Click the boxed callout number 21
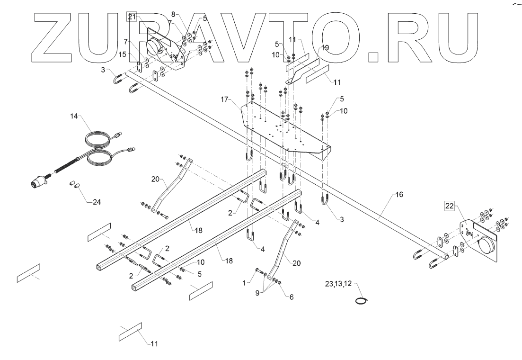coord(132,17)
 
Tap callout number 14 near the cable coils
coord(73,115)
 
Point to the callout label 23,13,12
coord(339,284)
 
